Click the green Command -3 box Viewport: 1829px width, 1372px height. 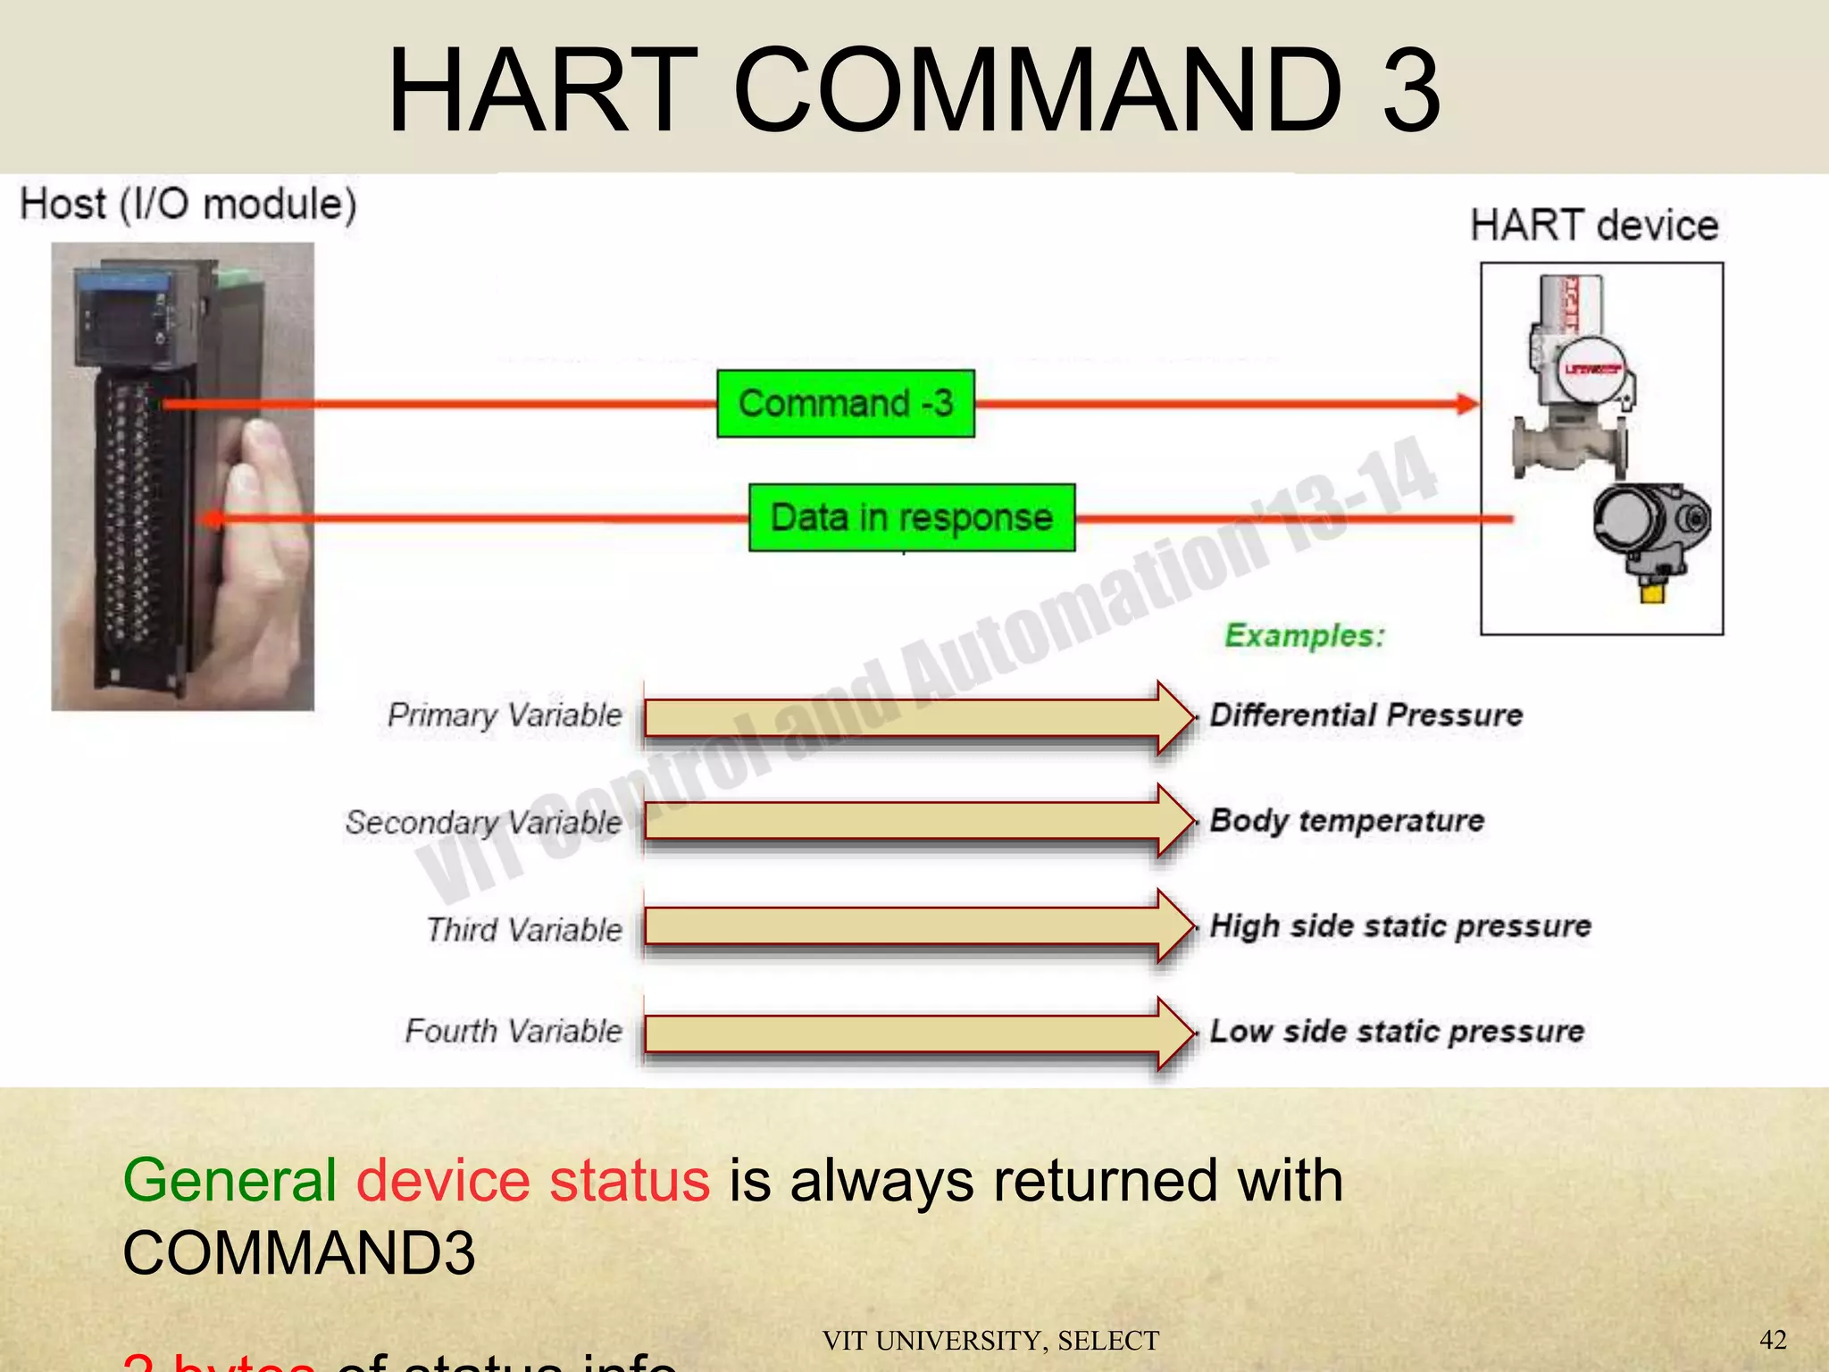[x=845, y=404]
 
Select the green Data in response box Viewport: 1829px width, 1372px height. [x=911, y=518]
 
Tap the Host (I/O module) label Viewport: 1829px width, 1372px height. [x=188, y=204]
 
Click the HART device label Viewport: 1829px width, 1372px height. [x=1594, y=225]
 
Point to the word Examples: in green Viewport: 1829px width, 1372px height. [x=1304, y=636]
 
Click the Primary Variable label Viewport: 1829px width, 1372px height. [x=505, y=715]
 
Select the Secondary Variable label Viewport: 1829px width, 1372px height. [x=483, y=822]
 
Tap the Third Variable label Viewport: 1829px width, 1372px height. [x=523, y=930]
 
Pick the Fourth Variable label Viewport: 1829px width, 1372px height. [x=514, y=1032]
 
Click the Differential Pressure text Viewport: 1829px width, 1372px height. [x=1365, y=715]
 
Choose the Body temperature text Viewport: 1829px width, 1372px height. [x=1346, y=820]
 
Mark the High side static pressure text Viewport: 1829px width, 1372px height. [x=1399, y=926]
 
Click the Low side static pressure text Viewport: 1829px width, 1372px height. [x=1396, y=1032]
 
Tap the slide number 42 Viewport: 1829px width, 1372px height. [x=1773, y=1340]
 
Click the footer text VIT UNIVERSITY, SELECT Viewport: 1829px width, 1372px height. [x=990, y=1341]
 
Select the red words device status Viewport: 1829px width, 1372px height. [x=533, y=1181]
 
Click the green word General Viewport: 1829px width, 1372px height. [x=230, y=1181]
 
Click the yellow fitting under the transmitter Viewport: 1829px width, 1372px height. [x=1652, y=591]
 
